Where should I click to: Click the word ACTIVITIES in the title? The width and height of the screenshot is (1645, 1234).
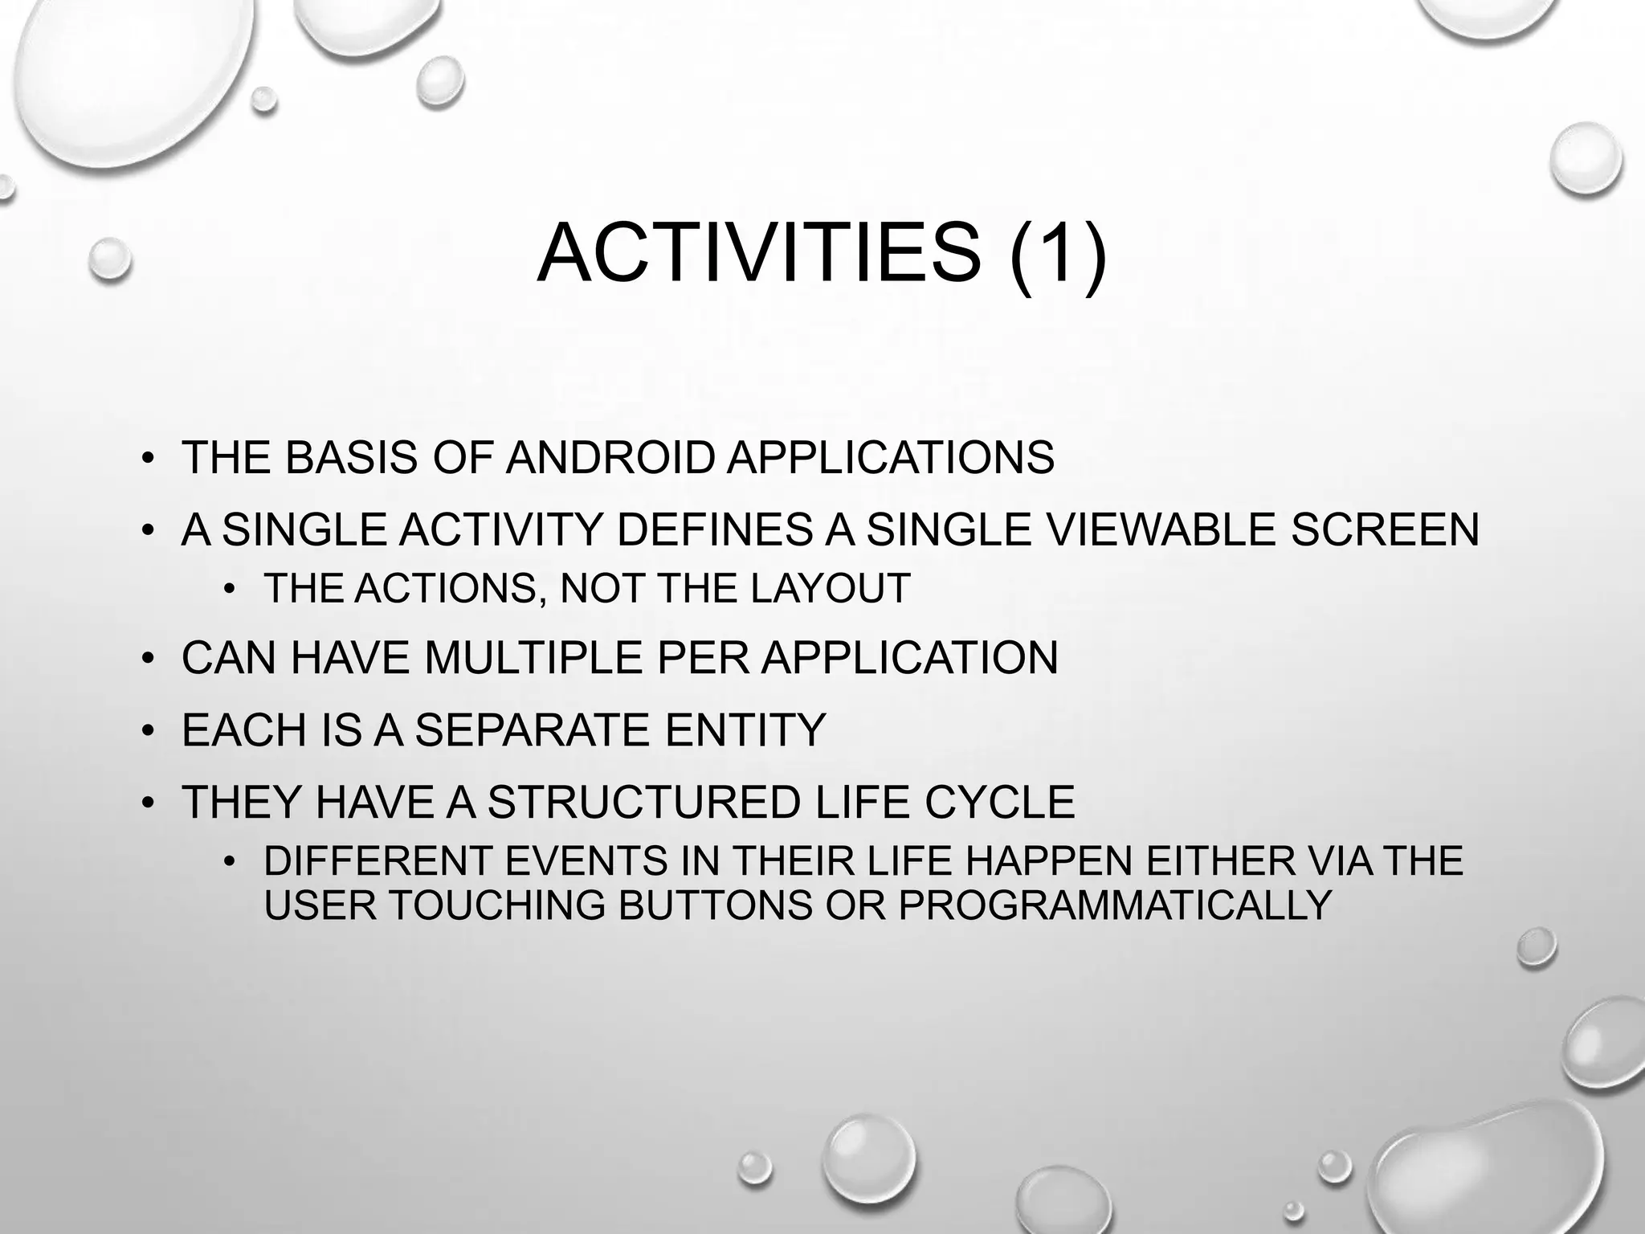tap(758, 254)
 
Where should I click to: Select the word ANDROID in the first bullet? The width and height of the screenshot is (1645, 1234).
tap(610, 458)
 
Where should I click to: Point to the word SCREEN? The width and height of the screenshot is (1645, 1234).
tap(1385, 530)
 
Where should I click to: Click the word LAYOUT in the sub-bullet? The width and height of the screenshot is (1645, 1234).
tap(831, 588)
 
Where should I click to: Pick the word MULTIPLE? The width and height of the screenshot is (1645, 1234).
tap(533, 658)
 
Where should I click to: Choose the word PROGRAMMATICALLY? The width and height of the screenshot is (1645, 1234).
tap(1116, 905)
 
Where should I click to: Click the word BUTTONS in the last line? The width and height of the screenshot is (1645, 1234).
tap(716, 905)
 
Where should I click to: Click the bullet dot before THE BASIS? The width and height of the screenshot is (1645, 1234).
tap(146, 460)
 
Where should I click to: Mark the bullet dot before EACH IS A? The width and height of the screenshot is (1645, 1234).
tap(146, 732)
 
